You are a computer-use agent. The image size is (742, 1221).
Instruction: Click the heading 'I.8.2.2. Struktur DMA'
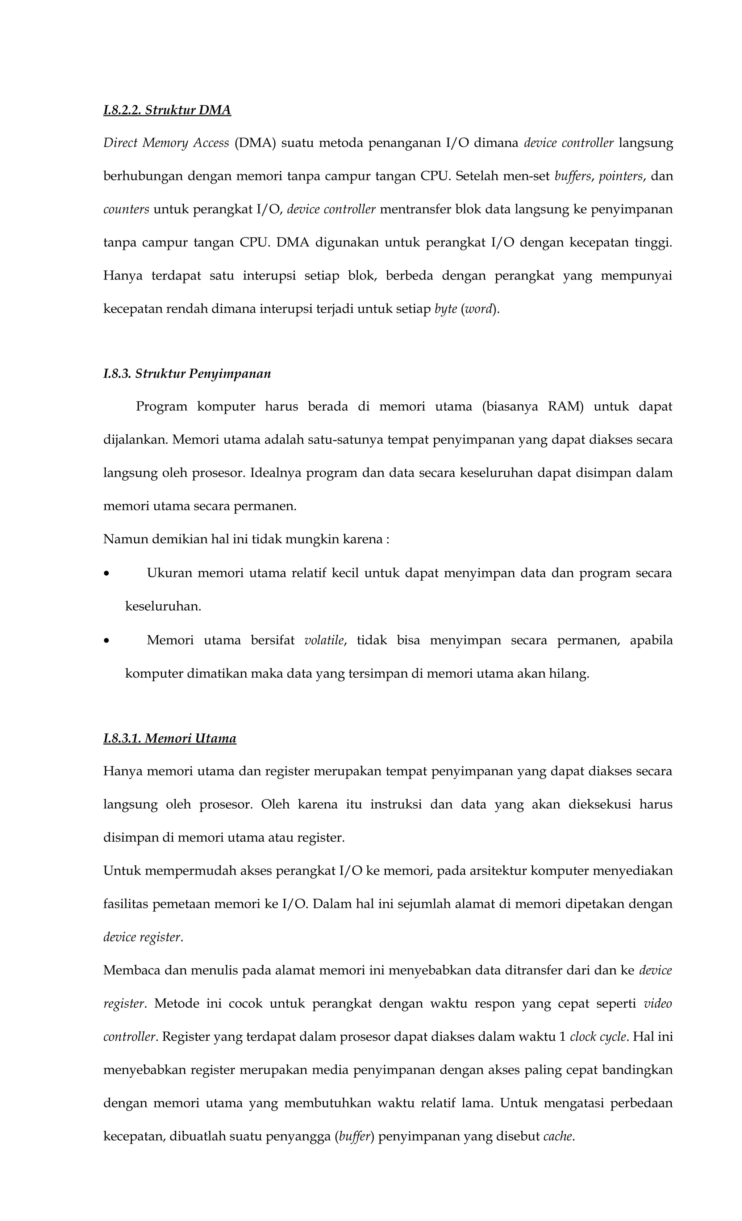coord(167,110)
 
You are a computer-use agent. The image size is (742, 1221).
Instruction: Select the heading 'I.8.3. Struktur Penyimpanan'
coord(187,374)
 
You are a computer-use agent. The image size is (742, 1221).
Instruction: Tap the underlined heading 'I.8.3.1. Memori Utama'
coord(170,738)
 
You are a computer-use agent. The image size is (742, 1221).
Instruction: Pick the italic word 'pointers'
coord(620,176)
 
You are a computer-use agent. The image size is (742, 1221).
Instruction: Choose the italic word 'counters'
coord(126,209)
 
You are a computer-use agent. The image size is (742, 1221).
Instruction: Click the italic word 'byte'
coord(445,309)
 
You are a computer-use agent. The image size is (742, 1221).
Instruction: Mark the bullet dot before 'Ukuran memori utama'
coord(106,574)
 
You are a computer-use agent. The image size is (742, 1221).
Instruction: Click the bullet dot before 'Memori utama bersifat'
coord(106,641)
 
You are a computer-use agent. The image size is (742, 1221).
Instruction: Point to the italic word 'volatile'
coord(324,640)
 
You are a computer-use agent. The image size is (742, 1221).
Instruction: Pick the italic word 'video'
coord(658,1003)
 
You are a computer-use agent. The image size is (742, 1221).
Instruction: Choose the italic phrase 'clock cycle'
coord(598,1037)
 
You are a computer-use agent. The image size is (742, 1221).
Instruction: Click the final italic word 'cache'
coord(558,1136)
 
